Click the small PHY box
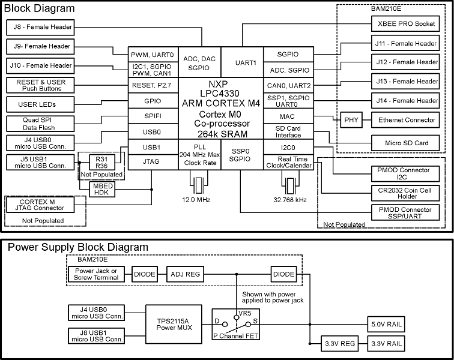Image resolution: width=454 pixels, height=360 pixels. click(350, 120)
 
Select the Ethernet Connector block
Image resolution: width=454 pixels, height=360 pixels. click(407, 120)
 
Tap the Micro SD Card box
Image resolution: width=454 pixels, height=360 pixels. click(407, 143)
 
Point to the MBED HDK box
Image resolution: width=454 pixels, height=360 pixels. click(103, 190)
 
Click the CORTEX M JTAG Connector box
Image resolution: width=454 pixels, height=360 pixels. click(40, 205)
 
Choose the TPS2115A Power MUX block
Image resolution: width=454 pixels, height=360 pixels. click(175, 325)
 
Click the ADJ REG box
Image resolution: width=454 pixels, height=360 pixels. click(185, 274)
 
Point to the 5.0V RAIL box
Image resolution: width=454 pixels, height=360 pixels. click(386, 325)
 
